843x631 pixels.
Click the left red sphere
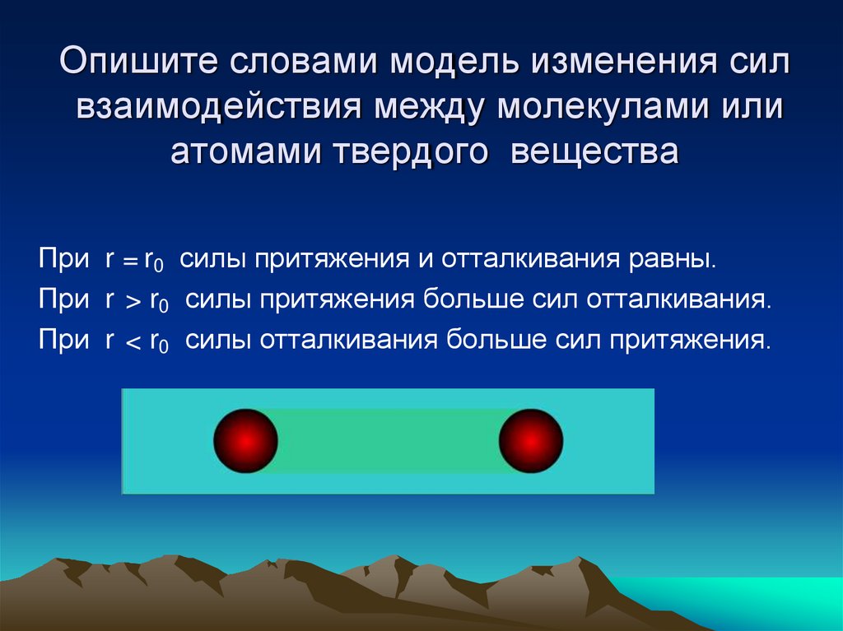coord(245,441)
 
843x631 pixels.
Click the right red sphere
coord(531,441)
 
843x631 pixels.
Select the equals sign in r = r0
coord(128,262)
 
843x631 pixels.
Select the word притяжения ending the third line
coord(690,338)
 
